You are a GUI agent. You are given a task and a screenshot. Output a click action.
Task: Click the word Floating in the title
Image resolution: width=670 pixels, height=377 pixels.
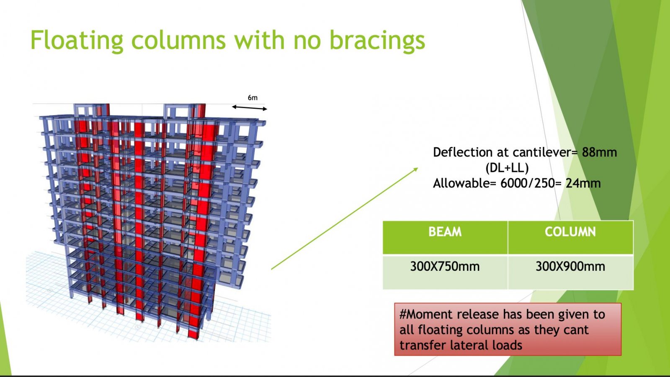pos(77,40)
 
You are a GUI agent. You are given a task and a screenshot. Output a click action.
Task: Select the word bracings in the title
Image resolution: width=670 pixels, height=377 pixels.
pos(377,40)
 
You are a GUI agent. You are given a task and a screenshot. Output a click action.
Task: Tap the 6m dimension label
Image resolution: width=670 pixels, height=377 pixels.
pos(253,98)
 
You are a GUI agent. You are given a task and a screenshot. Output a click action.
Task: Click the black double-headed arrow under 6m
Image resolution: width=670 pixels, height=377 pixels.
pos(250,108)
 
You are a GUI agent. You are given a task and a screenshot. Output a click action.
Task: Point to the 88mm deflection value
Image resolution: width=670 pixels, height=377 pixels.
pos(599,152)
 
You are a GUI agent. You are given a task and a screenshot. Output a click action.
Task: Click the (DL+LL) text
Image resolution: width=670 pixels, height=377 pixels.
pos(507,168)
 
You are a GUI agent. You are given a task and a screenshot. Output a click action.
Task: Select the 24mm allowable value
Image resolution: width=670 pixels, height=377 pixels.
pos(583,183)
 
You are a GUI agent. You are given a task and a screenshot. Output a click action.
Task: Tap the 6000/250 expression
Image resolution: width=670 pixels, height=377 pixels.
pos(528,183)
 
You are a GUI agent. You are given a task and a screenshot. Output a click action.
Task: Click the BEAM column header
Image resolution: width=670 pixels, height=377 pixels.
pos(445,232)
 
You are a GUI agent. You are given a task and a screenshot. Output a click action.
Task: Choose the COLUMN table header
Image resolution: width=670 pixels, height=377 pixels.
pos(570,232)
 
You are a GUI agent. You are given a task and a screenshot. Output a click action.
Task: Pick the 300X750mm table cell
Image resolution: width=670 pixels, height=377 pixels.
pos(445,267)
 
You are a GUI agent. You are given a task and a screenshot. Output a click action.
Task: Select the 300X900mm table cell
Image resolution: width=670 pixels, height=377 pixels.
pos(570,267)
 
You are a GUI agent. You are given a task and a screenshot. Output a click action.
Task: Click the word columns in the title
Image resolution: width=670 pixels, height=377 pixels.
pos(178,40)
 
